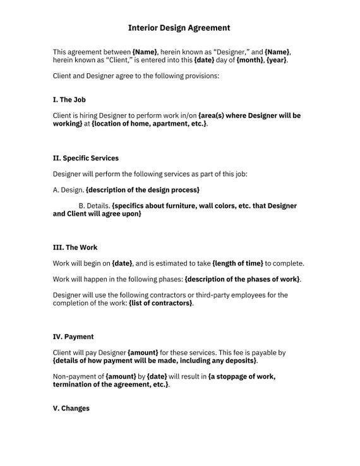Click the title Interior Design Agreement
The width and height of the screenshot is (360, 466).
(x=179, y=28)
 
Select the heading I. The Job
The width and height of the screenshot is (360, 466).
(x=69, y=100)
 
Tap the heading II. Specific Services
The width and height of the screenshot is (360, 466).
(x=85, y=158)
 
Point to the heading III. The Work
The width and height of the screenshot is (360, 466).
(x=75, y=247)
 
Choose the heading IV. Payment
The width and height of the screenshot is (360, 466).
(x=73, y=337)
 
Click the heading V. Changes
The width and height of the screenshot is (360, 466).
(x=71, y=408)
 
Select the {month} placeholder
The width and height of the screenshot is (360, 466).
(x=250, y=60)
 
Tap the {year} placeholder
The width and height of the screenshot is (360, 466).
(x=277, y=60)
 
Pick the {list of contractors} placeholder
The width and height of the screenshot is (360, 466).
(x=160, y=303)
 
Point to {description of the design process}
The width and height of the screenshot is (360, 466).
(x=143, y=189)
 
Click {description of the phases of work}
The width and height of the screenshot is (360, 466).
(x=242, y=278)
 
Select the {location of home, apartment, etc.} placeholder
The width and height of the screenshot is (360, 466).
(x=149, y=124)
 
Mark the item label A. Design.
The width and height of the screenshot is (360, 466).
(x=68, y=189)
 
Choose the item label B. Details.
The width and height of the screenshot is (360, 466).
(x=94, y=206)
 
